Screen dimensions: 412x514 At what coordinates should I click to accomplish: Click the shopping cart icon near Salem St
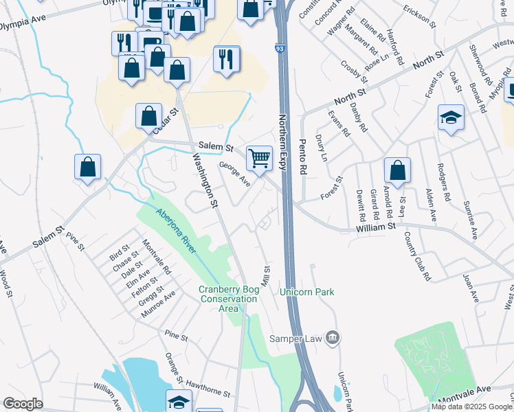pyautogui.click(x=259, y=158)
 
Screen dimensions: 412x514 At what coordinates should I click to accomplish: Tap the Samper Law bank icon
pyautogui.click(x=332, y=337)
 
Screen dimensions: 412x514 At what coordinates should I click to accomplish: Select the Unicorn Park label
pyautogui.click(x=306, y=292)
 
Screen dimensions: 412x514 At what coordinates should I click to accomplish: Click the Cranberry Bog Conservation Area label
pyautogui.click(x=229, y=299)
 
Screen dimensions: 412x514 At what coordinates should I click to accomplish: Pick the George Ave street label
pyautogui.click(x=234, y=174)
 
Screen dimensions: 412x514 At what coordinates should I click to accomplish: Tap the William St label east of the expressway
pyautogui.click(x=376, y=226)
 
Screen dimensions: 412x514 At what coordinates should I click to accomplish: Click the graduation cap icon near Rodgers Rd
pyautogui.click(x=451, y=117)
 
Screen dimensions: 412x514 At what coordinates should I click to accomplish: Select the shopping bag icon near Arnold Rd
pyautogui.click(x=397, y=170)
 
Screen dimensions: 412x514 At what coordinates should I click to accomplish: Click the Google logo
pyautogui.click(x=23, y=404)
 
